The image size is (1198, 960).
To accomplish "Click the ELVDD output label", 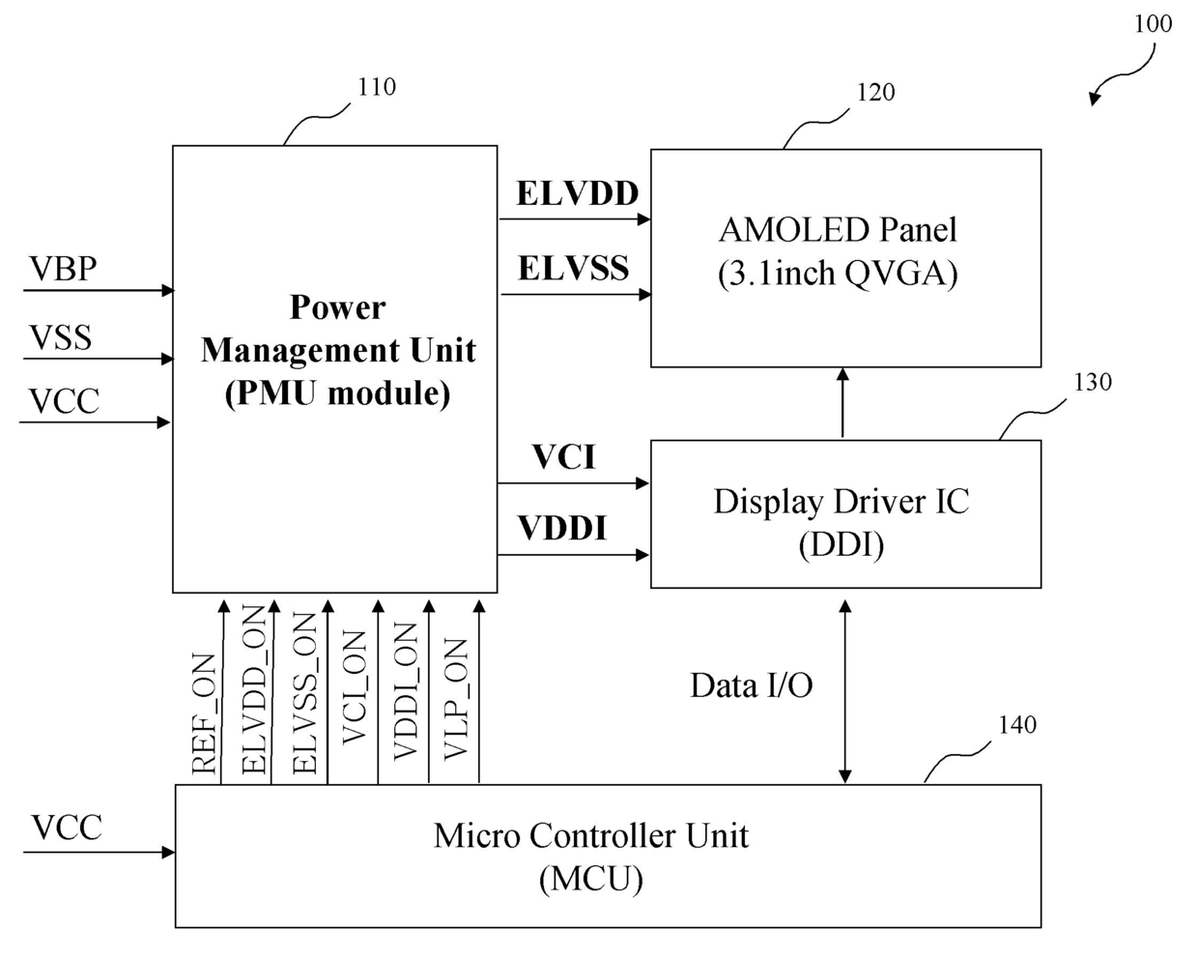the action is (577, 194).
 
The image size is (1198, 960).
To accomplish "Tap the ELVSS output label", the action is (573, 268).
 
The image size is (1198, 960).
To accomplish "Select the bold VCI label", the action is (564, 457).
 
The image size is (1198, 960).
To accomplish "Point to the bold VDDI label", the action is (561, 528).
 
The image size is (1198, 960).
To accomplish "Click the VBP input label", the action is (63, 269).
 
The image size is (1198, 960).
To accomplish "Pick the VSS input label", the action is (60, 337).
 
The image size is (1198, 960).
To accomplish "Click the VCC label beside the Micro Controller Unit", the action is (67, 827).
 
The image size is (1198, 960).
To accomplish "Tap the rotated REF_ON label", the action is (203, 713).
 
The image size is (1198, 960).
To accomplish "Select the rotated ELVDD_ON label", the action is (254, 689).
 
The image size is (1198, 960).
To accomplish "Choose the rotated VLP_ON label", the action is (455, 699).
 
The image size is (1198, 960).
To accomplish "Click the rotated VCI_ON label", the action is (354, 687).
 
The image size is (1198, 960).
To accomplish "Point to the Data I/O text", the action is (751, 685).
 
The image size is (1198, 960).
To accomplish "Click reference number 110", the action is (377, 87).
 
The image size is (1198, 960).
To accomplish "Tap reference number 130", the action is (1093, 382).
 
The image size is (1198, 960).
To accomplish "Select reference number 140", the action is (1017, 725).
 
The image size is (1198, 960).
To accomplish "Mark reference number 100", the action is (1153, 24).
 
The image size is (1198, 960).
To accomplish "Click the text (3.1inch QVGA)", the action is (838, 275).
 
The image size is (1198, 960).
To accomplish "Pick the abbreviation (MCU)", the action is (590, 879).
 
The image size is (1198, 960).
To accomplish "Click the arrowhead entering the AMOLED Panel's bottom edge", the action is (842, 374).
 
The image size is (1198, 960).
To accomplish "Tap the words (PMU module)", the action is (337, 393).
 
